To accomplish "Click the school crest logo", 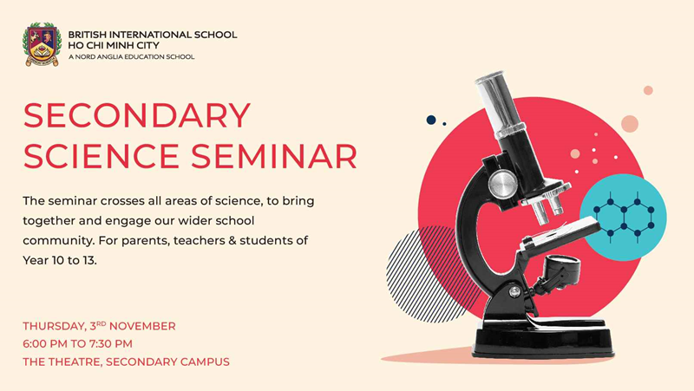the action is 41,45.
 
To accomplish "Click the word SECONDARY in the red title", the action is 137,115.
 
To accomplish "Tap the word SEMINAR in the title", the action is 274,156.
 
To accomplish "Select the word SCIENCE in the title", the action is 101,156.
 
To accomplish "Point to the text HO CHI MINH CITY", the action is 114,45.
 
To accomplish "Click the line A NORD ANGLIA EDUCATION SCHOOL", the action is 132,56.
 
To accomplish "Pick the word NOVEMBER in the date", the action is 142,327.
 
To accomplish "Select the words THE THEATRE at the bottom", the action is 62,362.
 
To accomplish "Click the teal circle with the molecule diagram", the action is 623,217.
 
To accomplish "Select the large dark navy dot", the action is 431,120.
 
